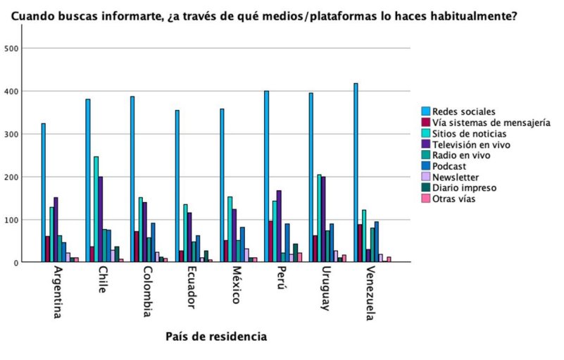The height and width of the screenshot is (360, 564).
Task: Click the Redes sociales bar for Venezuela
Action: pyautogui.click(x=356, y=173)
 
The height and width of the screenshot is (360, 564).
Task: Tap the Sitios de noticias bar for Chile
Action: pyautogui.click(x=96, y=209)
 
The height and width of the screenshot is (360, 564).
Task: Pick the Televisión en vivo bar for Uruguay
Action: pyautogui.click(x=323, y=219)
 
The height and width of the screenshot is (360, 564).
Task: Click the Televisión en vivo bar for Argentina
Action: pyautogui.click(x=56, y=230)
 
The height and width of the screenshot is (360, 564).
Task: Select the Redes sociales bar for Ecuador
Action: pyautogui.click(x=177, y=186)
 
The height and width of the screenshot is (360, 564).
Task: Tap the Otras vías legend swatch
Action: pyautogui.click(x=426, y=199)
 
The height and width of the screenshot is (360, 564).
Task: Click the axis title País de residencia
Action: pyautogui.click(x=216, y=337)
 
